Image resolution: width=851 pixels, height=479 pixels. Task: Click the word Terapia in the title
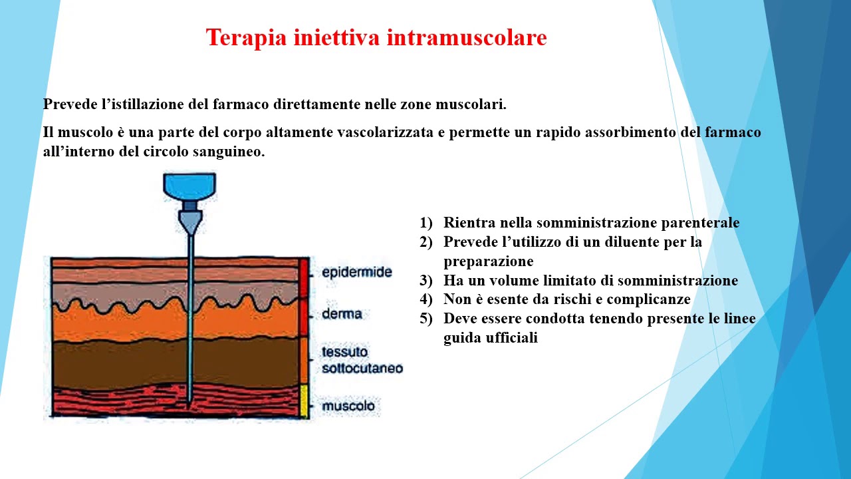(x=246, y=38)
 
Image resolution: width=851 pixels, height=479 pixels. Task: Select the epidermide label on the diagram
(x=356, y=272)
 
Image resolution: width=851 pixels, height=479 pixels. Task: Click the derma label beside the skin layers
(x=342, y=313)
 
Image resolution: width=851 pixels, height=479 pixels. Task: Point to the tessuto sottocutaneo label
(x=362, y=359)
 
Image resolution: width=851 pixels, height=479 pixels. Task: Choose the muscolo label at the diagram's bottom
(x=348, y=405)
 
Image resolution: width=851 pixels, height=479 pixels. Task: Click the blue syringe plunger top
(x=189, y=186)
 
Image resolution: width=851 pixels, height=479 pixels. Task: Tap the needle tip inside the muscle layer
(x=189, y=401)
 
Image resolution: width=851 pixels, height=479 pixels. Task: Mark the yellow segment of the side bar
(x=304, y=401)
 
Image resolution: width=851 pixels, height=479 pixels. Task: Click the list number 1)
(x=425, y=223)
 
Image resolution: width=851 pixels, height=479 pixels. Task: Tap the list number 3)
(x=425, y=281)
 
